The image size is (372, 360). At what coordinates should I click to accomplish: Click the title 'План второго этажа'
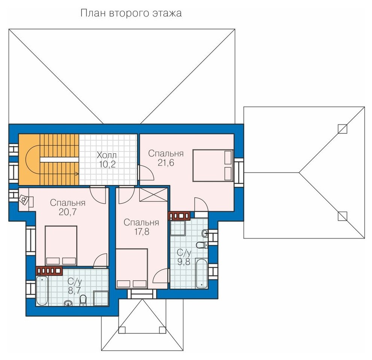131,13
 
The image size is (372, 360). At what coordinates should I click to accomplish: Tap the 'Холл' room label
107,156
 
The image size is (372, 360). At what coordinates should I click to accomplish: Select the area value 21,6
166,163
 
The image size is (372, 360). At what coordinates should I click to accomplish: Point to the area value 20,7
68,212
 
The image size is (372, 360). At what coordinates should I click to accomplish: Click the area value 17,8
142,231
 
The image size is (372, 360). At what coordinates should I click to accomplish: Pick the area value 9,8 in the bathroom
184,262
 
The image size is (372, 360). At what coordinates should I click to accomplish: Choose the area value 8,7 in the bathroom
74,290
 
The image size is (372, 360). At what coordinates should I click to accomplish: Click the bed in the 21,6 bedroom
213,165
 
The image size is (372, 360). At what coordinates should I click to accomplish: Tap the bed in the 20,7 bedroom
61,246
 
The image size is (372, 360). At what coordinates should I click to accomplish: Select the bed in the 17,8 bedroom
132,268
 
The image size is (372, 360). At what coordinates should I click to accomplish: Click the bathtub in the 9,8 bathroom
202,273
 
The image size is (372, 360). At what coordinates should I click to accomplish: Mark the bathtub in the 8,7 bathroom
42,291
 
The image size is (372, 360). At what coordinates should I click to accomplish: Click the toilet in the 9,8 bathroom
203,245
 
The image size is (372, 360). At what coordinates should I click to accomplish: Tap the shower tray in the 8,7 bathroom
101,298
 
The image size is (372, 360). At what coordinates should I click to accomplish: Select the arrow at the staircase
59,174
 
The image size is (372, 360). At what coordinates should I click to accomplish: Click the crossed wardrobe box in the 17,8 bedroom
154,195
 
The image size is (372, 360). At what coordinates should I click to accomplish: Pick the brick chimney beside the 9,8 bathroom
179,216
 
